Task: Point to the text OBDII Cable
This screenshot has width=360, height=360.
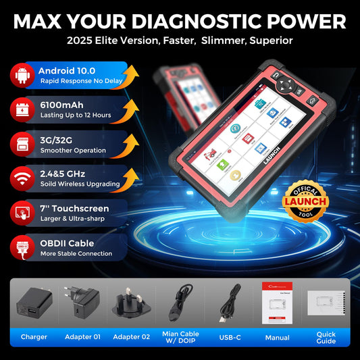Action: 66,242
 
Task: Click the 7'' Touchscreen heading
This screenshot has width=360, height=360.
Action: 74,208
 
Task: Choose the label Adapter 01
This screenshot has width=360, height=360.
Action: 82,336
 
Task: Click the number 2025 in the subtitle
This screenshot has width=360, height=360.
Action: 81,41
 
